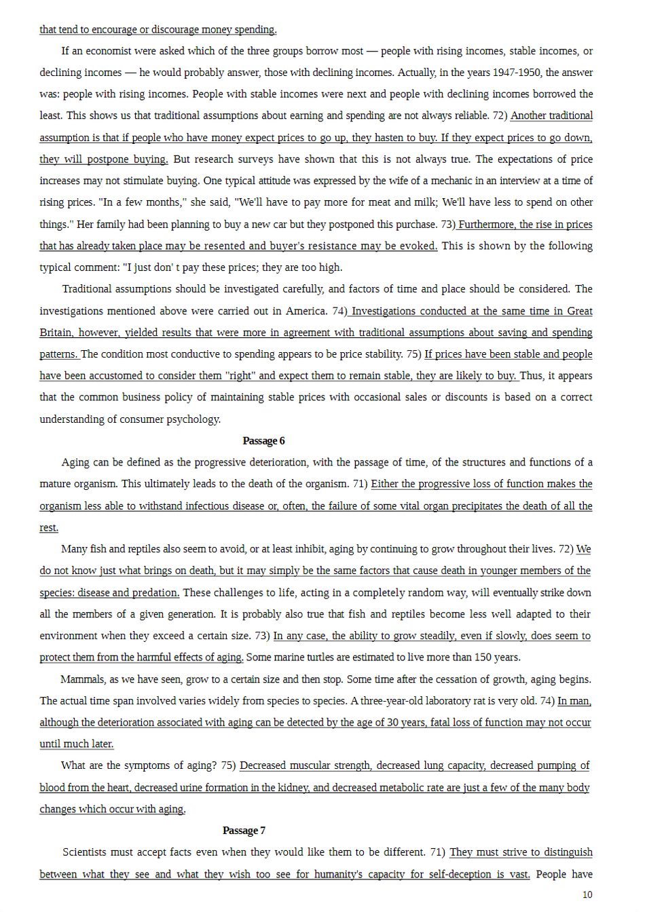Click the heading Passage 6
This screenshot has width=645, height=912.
263,441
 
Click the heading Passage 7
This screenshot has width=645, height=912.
244,831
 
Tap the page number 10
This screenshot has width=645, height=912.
587,894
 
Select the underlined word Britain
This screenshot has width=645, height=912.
55,332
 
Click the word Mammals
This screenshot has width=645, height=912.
83,679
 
